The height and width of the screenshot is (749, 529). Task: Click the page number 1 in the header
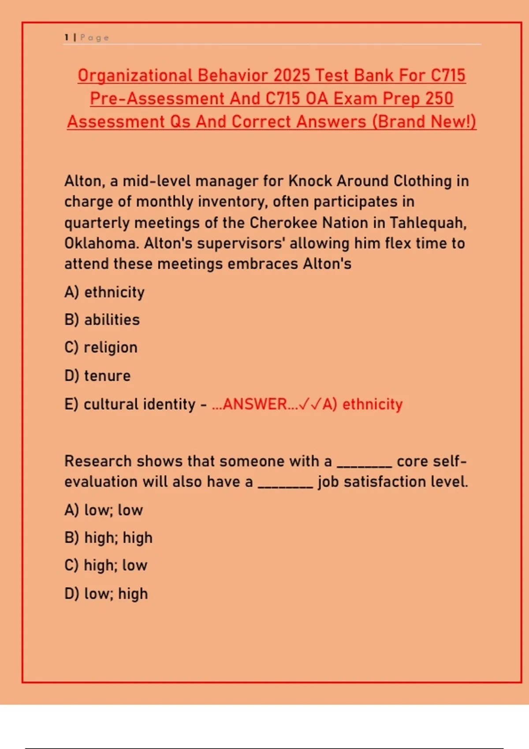66,37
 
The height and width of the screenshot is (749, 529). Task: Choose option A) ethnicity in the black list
104,292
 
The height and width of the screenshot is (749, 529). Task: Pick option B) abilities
102,320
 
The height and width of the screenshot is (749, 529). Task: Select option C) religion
101,348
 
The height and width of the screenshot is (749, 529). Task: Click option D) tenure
97,376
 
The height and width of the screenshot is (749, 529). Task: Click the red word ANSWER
255,404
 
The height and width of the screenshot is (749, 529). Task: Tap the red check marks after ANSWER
310,404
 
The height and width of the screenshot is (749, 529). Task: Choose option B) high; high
108,538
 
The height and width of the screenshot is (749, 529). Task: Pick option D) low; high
106,594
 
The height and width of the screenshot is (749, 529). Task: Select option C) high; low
106,566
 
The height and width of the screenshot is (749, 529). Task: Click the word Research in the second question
98,461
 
